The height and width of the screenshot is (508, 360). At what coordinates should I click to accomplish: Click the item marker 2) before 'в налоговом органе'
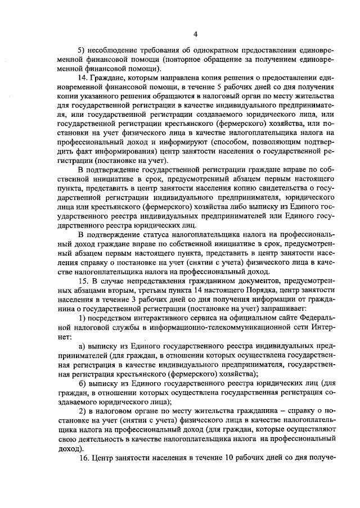pos(82,415)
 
